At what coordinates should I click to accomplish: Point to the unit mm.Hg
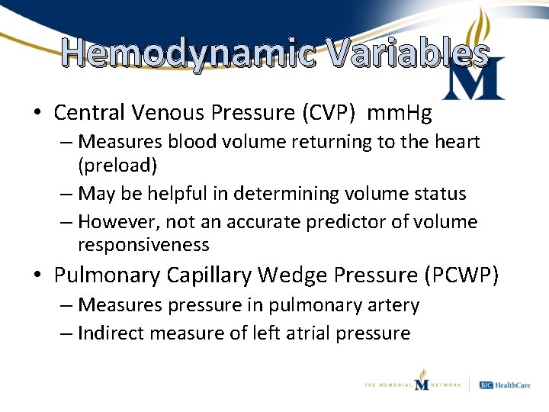pyautogui.click(x=400, y=114)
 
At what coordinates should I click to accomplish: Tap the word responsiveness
pyautogui.click(x=143, y=245)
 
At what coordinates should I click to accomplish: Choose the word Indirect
pyautogui.click(x=113, y=333)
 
